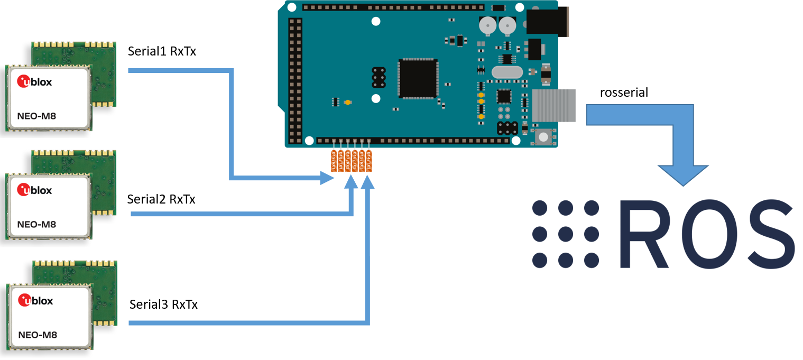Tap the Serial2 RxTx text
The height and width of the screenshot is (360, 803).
click(x=161, y=199)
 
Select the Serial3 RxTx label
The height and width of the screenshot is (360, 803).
click(x=163, y=305)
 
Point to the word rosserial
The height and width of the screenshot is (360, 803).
click(x=624, y=93)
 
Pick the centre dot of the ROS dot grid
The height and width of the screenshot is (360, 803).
click(x=566, y=233)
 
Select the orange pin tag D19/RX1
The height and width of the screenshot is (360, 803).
click(x=334, y=160)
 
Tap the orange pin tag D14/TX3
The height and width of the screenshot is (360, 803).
click(x=370, y=160)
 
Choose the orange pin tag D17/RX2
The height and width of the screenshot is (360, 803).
click(x=348, y=160)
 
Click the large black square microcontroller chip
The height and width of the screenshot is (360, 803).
click(x=418, y=78)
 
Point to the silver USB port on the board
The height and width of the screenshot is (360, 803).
click(x=553, y=105)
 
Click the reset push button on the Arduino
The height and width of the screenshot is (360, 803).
click(x=542, y=137)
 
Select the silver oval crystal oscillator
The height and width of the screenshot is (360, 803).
click(x=506, y=72)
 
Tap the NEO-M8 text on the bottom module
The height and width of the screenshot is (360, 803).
click(x=38, y=335)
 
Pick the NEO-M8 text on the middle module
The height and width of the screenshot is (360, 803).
click(x=36, y=224)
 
